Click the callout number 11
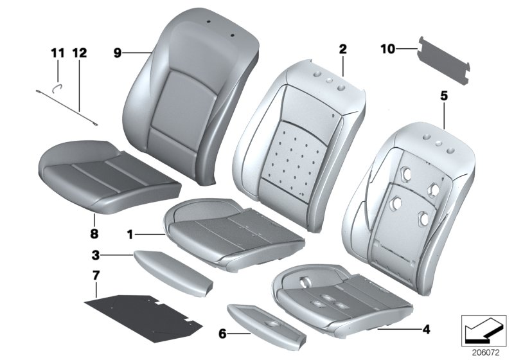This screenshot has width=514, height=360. [x=57, y=53]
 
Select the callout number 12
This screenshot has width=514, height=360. [x=79, y=53]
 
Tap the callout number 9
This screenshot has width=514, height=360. [x=118, y=53]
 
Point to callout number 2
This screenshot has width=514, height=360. [x=342, y=49]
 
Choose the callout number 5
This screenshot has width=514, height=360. [x=443, y=96]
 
